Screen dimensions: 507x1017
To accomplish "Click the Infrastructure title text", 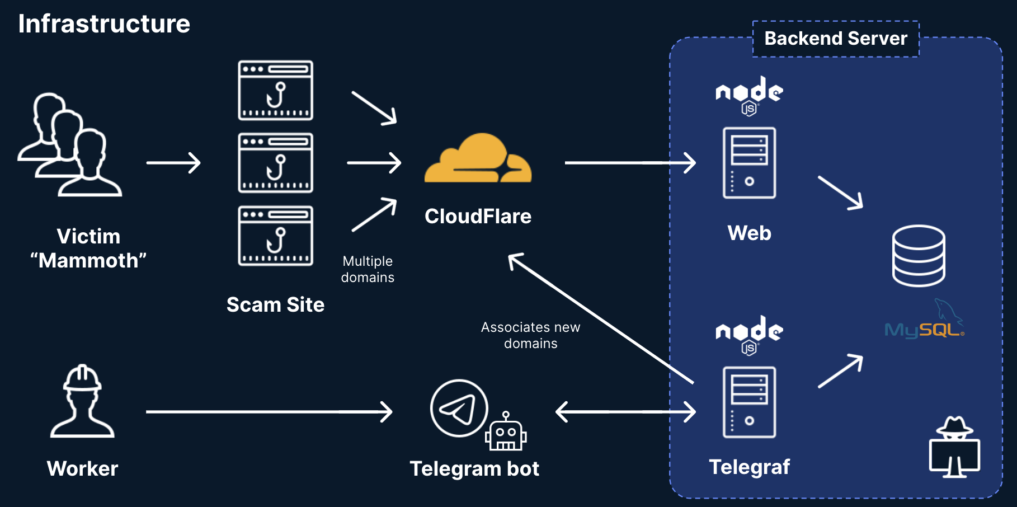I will click(104, 24).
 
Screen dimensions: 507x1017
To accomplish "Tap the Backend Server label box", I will click(835, 39).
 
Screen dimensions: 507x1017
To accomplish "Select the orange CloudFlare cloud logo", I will click(478, 159).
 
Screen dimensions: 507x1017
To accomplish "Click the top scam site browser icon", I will click(275, 91).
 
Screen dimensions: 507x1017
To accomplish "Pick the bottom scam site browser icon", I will click(275, 236).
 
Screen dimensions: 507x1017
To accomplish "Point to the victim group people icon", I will click(69, 145).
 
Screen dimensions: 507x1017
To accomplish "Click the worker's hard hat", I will click(82, 378).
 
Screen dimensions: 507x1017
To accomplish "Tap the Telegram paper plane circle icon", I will click(459, 409).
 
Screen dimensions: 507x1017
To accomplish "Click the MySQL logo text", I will click(924, 330).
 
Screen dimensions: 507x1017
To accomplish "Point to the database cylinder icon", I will click(918, 256).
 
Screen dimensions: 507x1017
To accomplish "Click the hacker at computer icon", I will click(954, 447).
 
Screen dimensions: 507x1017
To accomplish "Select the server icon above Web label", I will click(749, 163).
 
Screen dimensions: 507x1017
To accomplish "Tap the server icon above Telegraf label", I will click(749, 402).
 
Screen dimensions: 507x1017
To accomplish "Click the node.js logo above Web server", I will click(749, 95).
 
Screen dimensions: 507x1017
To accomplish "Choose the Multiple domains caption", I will click(368, 269).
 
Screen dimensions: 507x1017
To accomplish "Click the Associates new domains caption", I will click(530, 335).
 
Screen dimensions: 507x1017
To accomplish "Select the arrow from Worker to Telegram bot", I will click(269, 412).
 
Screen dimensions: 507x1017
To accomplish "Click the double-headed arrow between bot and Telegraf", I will click(625, 412).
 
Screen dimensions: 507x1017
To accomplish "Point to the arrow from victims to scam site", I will click(173, 163).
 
